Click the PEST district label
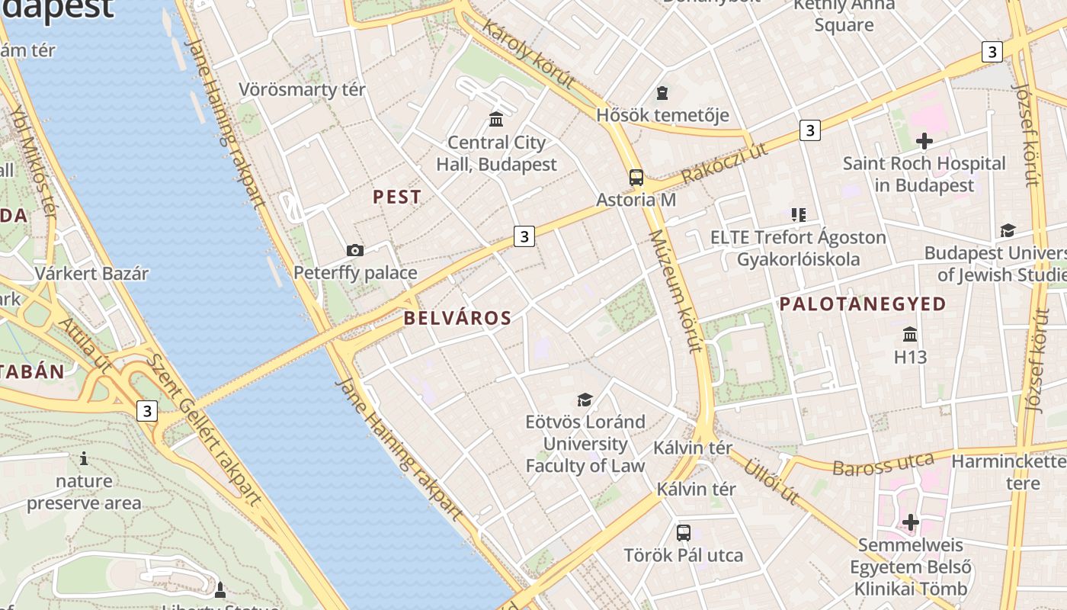point(396,197)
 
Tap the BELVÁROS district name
point(457,318)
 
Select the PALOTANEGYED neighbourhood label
point(862,304)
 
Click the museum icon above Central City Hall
point(497,119)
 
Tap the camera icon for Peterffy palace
point(355,250)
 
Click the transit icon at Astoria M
point(636,178)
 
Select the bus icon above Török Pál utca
point(684,532)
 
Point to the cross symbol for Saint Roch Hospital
point(924,141)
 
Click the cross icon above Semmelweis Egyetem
point(911,522)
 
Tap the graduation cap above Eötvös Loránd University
point(585,400)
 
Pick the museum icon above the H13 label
point(910,334)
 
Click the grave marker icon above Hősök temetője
point(662,93)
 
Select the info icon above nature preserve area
point(84,458)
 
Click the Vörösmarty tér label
point(302,89)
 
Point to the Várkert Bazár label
point(91,273)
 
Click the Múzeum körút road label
point(674,292)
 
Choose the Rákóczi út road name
point(725,162)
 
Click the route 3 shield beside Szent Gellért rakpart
point(147,411)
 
